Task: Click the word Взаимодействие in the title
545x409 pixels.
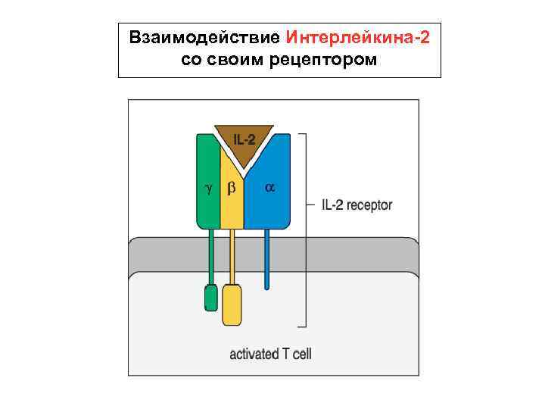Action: coord(205,37)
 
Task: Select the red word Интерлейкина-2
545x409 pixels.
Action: coord(358,37)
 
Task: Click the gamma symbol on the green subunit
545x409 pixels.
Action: coord(208,187)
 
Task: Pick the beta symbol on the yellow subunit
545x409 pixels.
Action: coord(232,187)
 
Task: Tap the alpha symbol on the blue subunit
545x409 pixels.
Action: coord(269,186)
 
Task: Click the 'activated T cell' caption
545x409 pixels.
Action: coord(270,354)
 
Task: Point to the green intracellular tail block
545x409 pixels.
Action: coord(210,298)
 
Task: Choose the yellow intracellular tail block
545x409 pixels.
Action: coord(232,304)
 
